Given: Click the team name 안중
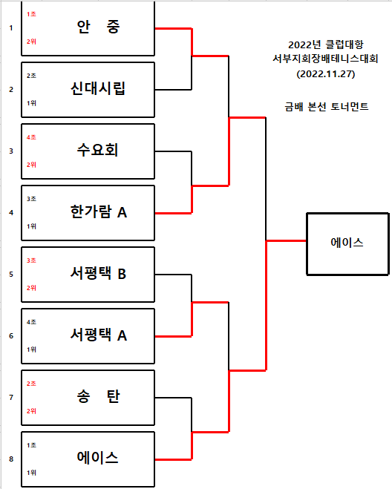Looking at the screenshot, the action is pos(98,27).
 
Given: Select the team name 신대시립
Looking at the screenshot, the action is pos(98,88).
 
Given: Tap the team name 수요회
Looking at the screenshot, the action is pos(98,150).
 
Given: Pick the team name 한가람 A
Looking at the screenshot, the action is pos(98,211).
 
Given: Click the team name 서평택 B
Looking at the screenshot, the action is pos(98,273).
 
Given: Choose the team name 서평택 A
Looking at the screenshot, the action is pos(98,335).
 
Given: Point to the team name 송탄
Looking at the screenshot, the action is pos(98,396).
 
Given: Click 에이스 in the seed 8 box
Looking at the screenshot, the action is pos(98,458).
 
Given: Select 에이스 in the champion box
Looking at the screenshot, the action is pos(347,243).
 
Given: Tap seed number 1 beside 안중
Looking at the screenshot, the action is pos(11,28).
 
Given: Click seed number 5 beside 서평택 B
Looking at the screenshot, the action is pos(11,275).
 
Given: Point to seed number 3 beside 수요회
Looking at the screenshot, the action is pos(11,151).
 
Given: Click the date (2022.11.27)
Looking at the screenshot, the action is pos(326,74).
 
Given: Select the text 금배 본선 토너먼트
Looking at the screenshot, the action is pos(327,107).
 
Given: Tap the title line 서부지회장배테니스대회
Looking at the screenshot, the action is pos(325,59).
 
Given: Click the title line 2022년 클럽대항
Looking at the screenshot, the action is pos(326,45).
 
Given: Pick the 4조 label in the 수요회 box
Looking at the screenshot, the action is pos(31,137).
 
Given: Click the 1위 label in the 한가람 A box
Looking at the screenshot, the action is pos(31,226).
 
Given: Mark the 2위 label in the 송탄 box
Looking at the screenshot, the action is pos(31,411).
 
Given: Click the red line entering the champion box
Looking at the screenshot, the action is pos(286,240).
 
